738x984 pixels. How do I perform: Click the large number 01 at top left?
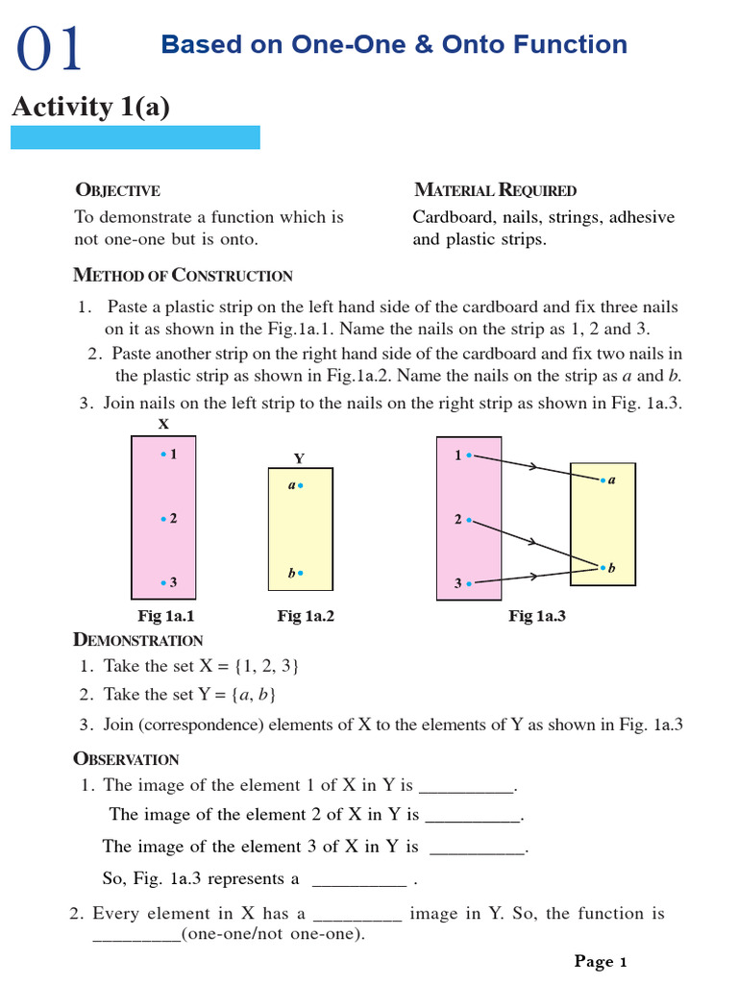tap(49, 49)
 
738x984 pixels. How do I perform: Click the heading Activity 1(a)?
tap(90, 107)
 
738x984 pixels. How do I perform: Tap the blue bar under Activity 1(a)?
tap(135, 137)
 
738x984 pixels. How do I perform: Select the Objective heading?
tap(117, 190)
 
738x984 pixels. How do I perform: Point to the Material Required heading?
tap(495, 190)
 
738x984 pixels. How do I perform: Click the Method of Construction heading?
tap(183, 276)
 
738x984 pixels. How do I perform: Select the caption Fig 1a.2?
tap(306, 616)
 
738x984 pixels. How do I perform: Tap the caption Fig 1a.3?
tap(536, 616)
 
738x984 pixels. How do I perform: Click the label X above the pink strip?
tap(163, 424)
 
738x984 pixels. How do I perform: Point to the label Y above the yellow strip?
tap(299, 458)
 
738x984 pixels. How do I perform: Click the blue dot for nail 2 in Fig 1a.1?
tap(164, 519)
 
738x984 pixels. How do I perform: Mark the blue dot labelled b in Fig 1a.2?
tap(301, 573)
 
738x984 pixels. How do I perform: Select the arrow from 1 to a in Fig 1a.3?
tap(534, 467)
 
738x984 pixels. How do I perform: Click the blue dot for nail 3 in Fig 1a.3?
tap(469, 583)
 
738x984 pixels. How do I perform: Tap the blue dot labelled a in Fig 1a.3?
tap(603, 479)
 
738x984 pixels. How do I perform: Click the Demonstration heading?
tap(138, 640)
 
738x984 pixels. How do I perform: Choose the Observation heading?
tap(127, 759)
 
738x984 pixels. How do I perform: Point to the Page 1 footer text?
tap(601, 961)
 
